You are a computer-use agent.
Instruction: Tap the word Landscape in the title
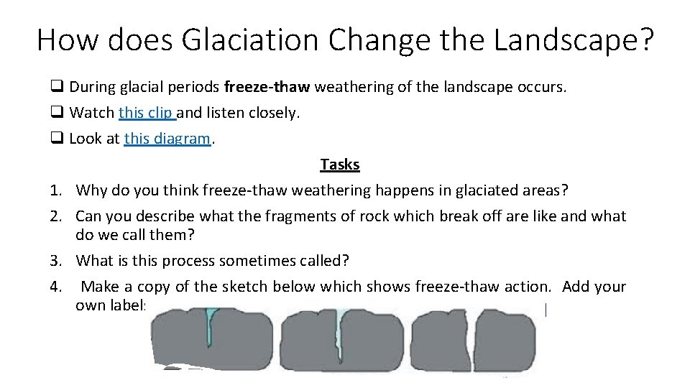coord(574,40)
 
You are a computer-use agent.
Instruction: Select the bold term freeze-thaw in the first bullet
coord(267,88)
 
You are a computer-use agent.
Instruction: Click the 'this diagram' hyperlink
coord(167,138)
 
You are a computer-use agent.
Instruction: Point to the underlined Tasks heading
coord(339,164)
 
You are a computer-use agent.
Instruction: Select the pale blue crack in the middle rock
coord(340,327)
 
